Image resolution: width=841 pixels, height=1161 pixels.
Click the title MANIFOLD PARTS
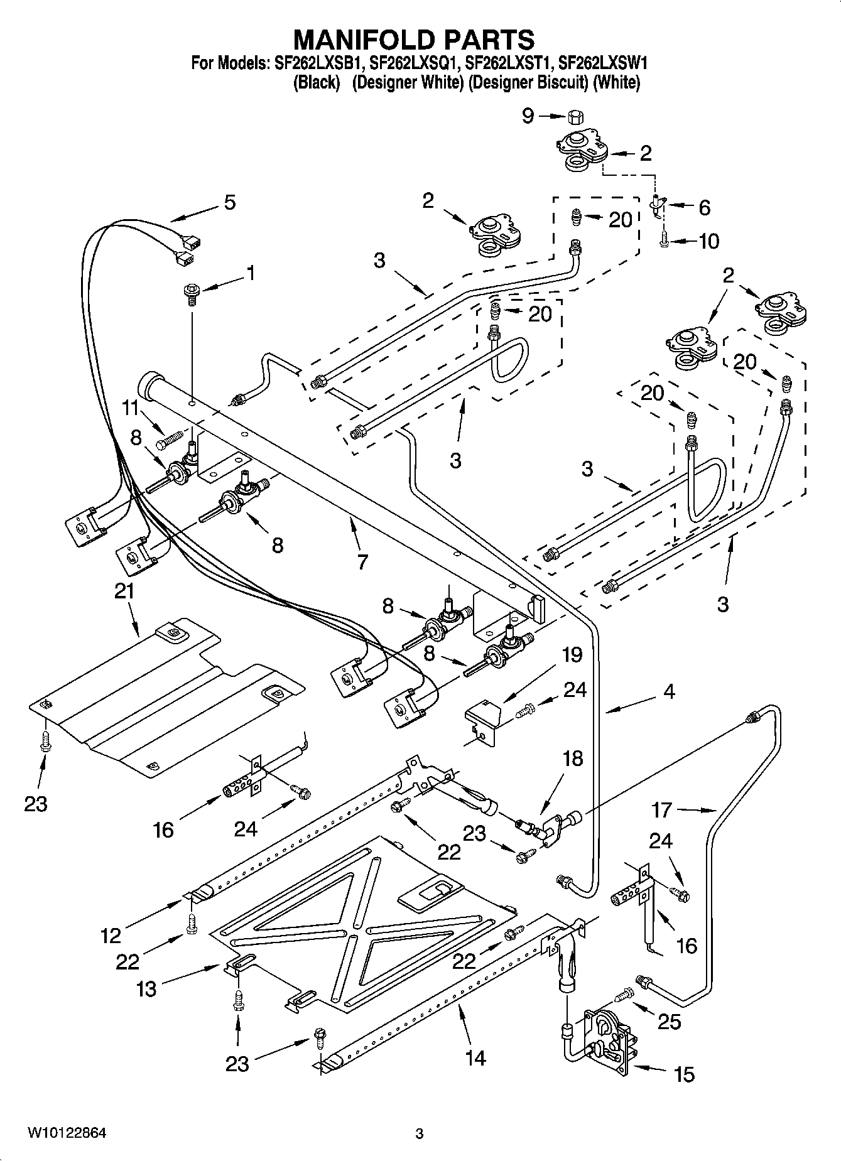pyautogui.click(x=415, y=40)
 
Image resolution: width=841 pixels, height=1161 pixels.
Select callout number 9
pyautogui.click(x=528, y=116)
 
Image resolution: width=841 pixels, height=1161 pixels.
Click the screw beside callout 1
pyautogui.click(x=191, y=293)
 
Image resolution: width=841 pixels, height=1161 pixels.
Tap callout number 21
pyautogui.click(x=124, y=591)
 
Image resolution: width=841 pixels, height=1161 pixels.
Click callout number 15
pyautogui.click(x=684, y=1074)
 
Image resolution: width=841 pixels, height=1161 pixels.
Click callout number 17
pyautogui.click(x=661, y=810)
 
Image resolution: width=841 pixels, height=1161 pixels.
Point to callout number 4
pyautogui.click(x=669, y=692)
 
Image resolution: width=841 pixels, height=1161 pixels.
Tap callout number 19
pyautogui.click(x=572, y=654)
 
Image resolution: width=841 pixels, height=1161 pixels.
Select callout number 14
pyautogui.click(x=475, y=1058)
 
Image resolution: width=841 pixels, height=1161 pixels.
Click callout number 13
pyautogui.click(x=146, y=989)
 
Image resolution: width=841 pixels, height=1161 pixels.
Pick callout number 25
pyautogui.click(x=670, y=1022)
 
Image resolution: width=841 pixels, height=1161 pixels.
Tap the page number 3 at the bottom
pyautogui.click(x=420, y=1134)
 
